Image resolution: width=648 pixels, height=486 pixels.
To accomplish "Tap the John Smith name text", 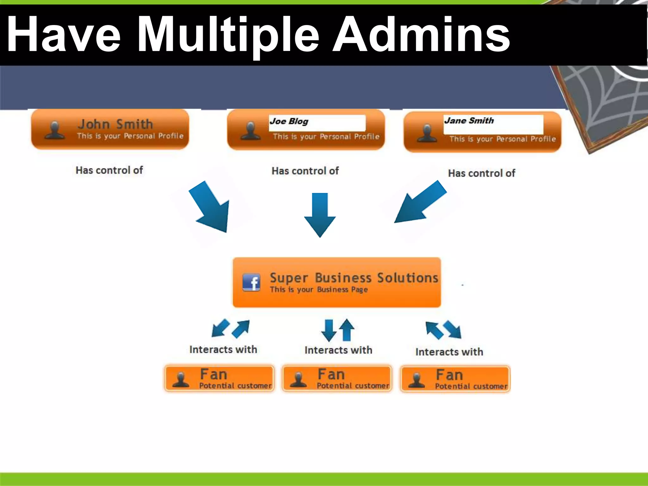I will point(115,124).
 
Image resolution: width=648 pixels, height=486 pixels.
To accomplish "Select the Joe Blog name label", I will point(289,121).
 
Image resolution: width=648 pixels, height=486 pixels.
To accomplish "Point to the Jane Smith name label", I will point(469,121).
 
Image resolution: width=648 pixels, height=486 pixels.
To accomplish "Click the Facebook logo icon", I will point(251,282).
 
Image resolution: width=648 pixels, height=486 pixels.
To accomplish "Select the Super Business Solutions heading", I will point(354,278).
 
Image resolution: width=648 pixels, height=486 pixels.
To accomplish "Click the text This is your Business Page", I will point(319,290).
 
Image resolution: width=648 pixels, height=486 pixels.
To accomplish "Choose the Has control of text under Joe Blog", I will point(305,171).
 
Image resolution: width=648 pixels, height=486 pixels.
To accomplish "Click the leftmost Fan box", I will point(219,378).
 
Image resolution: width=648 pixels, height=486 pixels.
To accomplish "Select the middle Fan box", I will point(337,378).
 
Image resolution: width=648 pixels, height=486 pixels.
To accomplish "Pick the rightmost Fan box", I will point(455,379).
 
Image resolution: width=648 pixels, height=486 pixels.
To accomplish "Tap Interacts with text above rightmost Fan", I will point(449,352).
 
